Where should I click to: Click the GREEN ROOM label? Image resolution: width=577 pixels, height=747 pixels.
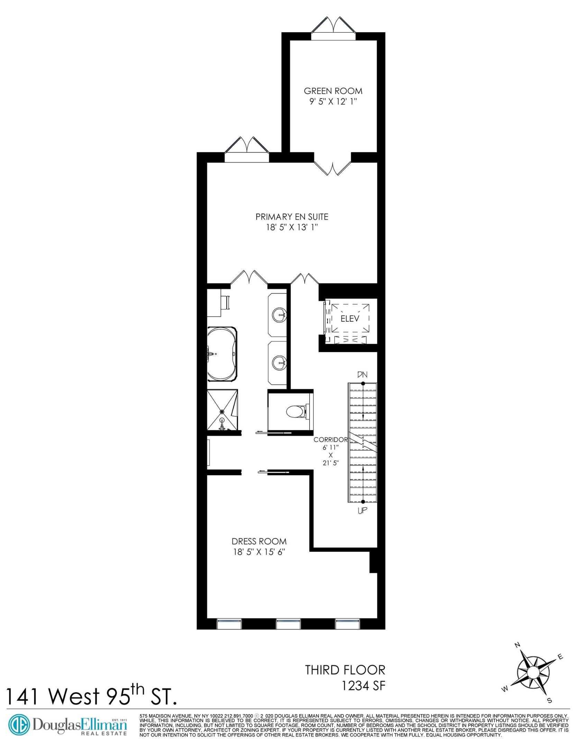point(333,91)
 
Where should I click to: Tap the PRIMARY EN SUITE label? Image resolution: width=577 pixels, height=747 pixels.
point(292,217)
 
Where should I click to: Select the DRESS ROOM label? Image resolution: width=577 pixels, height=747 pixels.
point(259,541)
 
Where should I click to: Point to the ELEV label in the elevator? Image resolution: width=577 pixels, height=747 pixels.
point(350,319)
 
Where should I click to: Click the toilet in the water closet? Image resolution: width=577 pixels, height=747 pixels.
point(295,412)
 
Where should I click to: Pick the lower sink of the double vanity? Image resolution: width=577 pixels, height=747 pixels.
point(279,363)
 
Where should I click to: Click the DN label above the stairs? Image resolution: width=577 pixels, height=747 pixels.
point(362,375)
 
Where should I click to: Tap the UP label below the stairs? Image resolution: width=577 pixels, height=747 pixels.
point(362,510)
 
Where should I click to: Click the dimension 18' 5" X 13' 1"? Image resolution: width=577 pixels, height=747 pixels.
point(292,227)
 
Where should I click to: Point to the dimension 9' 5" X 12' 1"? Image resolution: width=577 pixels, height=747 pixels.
point(333,102)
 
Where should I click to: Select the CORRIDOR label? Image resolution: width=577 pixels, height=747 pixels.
point(330,440)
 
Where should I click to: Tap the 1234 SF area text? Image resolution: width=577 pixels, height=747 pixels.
point(363,685)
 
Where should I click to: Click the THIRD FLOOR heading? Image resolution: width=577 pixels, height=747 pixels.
point(345,670)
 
